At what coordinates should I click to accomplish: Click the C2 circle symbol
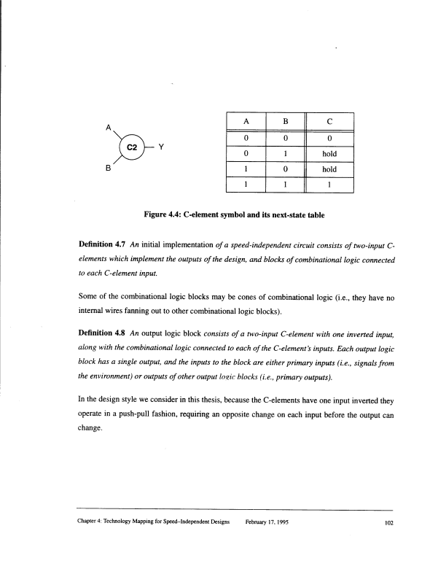[133, 147]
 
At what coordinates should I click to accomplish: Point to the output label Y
[161, 147]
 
